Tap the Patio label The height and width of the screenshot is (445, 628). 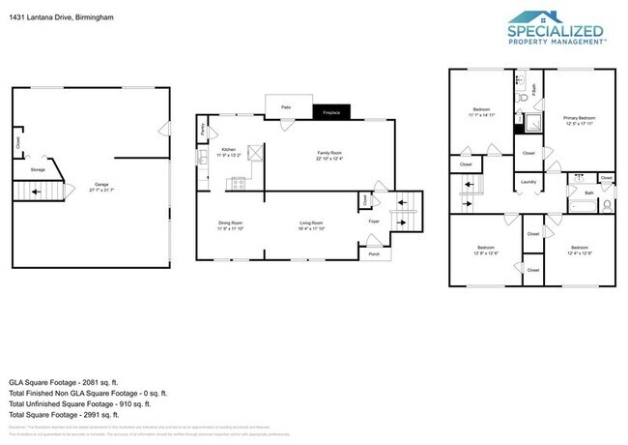(286, 107)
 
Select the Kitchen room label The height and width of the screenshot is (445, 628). (229, 149)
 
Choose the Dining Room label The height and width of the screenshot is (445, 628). (230, 223)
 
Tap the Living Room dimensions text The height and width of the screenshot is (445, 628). (310, 229)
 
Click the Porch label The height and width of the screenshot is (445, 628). (373, 254)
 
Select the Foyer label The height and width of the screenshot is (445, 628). (373, 222)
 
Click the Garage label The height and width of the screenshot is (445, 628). (100, 184)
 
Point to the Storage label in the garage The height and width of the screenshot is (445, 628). (38, 169)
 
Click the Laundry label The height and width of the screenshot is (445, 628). (528, 182)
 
